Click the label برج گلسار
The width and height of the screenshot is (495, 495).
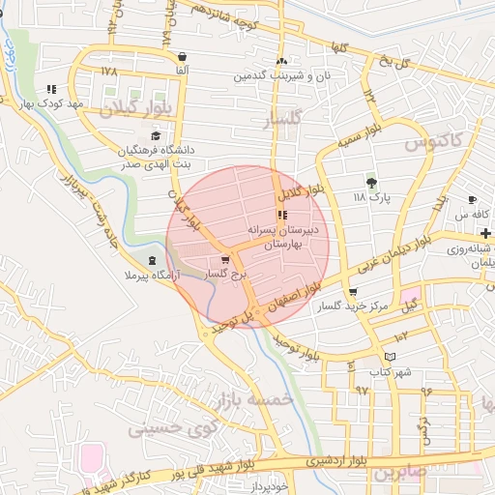(226, 275)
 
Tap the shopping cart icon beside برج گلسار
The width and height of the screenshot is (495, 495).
(226, 260)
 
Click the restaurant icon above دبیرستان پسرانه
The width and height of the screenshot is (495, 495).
(281, 216)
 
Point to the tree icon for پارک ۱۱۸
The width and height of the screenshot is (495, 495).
(370, 182)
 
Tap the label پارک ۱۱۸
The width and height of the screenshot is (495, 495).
(370, 197)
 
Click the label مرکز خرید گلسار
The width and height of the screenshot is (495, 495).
(354, 306)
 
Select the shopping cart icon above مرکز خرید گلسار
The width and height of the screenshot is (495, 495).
(352, 292)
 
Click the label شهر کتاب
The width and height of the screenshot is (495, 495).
(391, 371)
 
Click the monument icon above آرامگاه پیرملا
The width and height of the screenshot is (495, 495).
(152, 262)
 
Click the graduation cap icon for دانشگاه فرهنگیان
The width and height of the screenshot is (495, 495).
(156, 135)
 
